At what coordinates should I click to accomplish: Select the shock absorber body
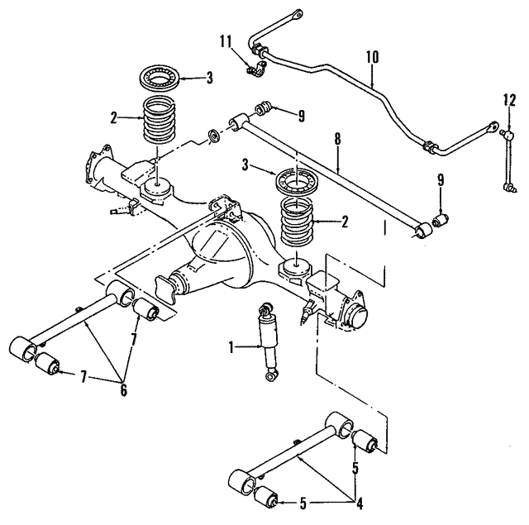(269, 340)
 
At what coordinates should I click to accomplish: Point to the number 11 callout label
(227, 41)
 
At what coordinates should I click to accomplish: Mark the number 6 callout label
(124, 390)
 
